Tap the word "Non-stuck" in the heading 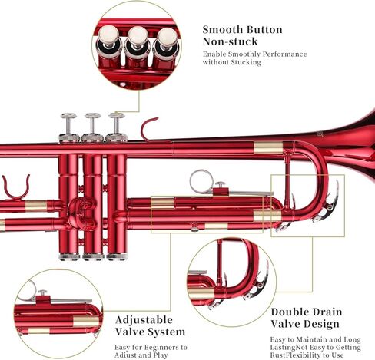230,41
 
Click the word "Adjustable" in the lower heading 144,320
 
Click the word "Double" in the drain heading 288,312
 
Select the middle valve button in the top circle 138,36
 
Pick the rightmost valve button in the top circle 167,38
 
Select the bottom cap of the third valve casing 117,256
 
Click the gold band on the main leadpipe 268,147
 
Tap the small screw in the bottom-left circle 42,293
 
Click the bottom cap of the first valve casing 69,256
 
